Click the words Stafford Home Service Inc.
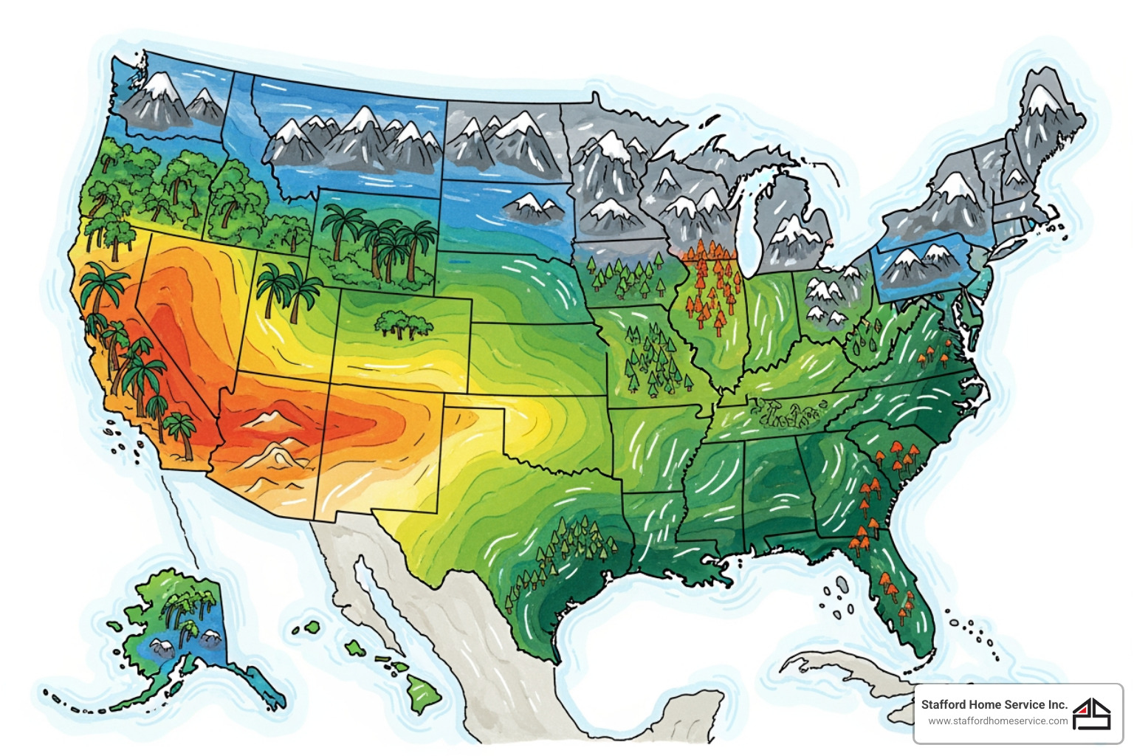pos(994,704)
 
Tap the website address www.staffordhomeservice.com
pos(997,721)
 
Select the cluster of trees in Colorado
pos(402,323)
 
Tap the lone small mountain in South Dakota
pos(532,208)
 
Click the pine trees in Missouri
pos(653,358)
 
